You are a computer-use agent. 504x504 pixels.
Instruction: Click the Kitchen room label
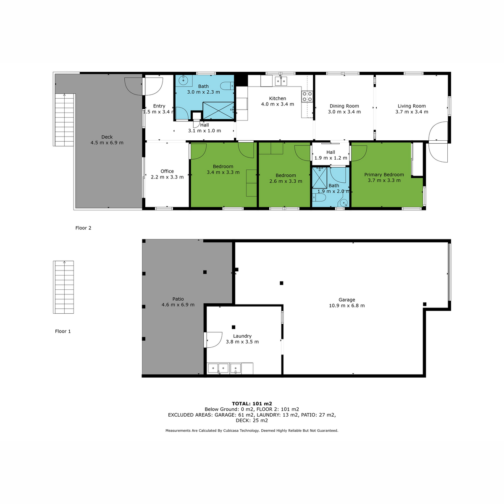click(277, 98)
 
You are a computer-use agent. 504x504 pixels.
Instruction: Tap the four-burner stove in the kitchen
click(307, 96)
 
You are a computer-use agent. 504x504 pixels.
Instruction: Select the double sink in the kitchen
click(281, 81)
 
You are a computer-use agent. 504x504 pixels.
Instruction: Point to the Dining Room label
click(344, 106)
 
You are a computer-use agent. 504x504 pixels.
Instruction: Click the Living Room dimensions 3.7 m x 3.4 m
click(412, 112)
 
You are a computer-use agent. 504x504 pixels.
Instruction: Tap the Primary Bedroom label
click(384, 174)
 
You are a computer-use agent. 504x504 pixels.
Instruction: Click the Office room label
click(167, 171)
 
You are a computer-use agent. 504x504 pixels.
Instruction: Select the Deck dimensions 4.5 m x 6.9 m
click(107, 143)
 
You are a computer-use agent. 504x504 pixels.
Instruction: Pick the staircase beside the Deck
click(64, 120)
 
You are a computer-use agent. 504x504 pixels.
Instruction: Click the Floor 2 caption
click(83, 228)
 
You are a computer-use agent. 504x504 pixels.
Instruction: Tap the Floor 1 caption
click(63, 331)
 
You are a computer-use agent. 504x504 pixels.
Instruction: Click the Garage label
click(346, 300)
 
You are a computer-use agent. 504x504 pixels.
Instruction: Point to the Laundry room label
click(242, 336)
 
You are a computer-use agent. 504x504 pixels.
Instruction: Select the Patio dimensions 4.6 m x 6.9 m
click(178, 304)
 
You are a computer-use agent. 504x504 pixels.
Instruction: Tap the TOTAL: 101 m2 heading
click(252, 404)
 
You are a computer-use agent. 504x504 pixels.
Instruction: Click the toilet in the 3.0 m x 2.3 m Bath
click(227, 85)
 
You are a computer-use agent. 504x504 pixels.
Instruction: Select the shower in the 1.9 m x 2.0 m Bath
click(320, 178)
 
